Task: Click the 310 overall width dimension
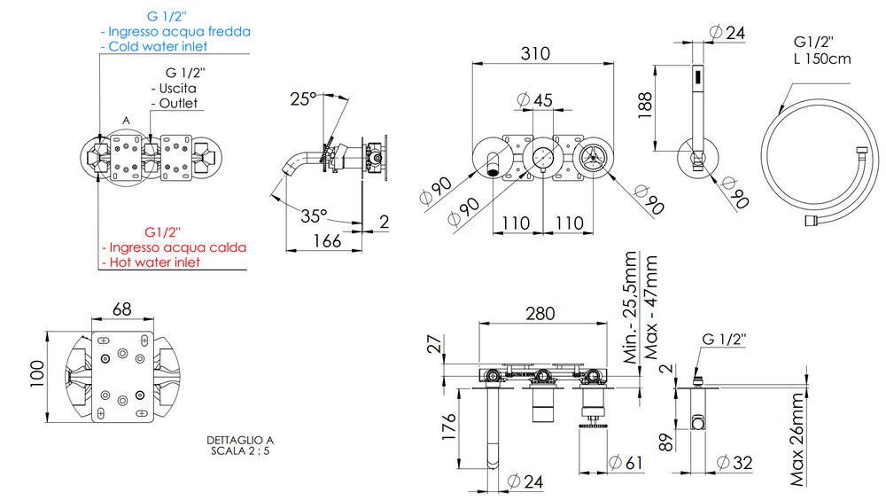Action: pos(534,53)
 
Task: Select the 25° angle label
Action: pos(302,99)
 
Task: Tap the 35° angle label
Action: pos(314,215)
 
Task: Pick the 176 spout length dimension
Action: pos(447,427)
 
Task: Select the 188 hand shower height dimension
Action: pos(644,108)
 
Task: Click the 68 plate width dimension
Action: pos(121,309)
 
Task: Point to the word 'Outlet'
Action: pos(177,104)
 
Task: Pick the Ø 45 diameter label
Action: pos(535,99)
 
